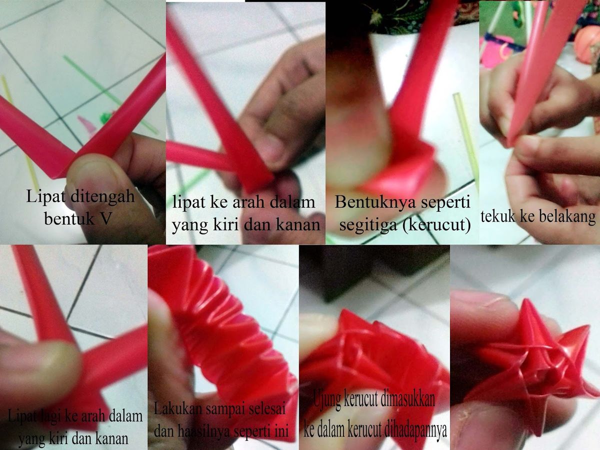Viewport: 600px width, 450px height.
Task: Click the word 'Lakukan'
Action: [177, 409]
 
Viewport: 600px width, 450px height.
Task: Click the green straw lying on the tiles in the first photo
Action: [110, 95]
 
